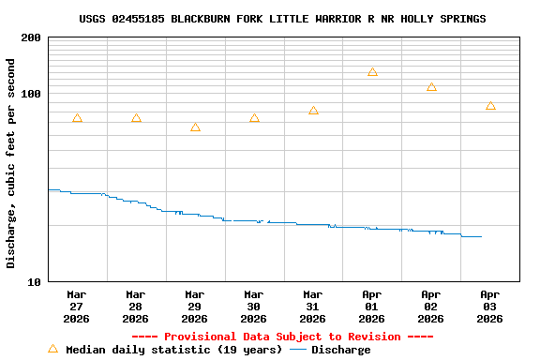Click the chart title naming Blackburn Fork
[x=282, y=19]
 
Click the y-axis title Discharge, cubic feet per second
[x=11, y=163]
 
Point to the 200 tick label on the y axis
[x=31, y=37]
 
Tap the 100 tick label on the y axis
[x=31, y=94]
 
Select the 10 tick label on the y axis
[x=35, y=281]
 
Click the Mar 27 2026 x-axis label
[x=77, y=306]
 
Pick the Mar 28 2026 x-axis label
[x=136, y=306]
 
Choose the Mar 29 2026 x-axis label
[x=195, y=306]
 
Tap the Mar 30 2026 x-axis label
[x=254, y=306]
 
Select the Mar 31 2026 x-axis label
[x=313, y=306]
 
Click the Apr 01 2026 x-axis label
[x=372, y=306]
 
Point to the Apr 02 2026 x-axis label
[x=431, y=306]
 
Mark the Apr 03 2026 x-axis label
[x=490, y=306]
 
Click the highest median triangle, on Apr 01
[x=372, y=72]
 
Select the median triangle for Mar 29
[x=195, y=127]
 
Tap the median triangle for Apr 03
[x=490, y=106]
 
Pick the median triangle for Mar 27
[x=77, y=118]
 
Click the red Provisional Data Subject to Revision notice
[x=282, y=337]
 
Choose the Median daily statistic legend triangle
[x=52, y=349]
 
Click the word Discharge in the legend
[x=340, y=350]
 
